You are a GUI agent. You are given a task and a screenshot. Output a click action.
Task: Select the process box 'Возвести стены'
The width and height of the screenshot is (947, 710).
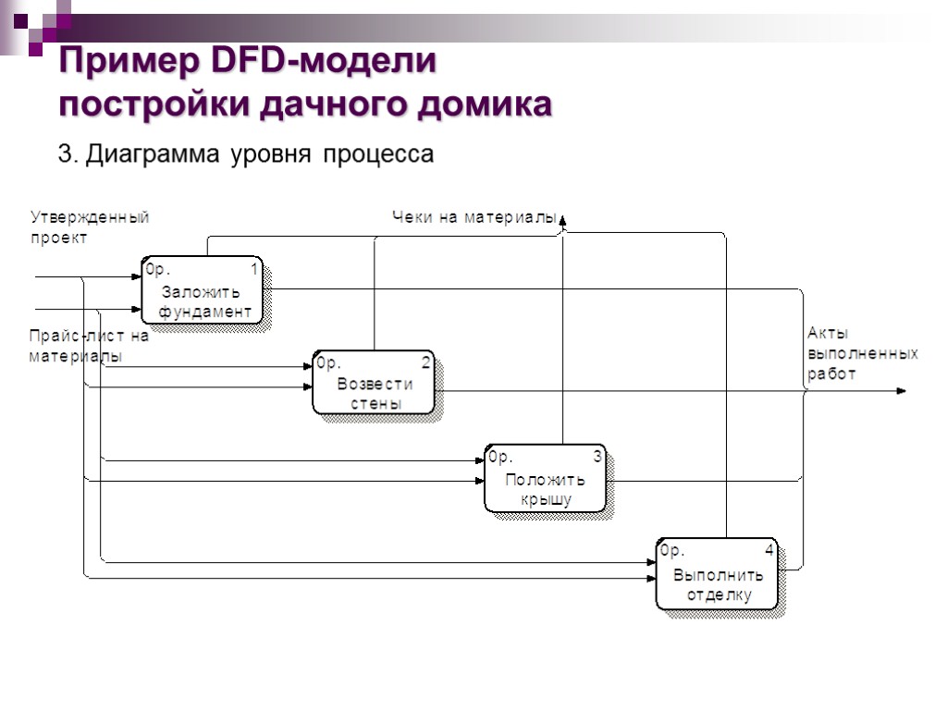(375, 383)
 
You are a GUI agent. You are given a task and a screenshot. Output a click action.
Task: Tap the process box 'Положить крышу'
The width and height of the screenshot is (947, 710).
(546, 478)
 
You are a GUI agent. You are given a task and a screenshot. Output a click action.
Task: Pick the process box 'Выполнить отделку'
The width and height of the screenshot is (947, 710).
(718, 574)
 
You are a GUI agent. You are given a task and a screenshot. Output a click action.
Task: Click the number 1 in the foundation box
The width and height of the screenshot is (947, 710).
(254, 269)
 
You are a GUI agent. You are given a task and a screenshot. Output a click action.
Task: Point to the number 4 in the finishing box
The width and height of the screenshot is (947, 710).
(769, 551)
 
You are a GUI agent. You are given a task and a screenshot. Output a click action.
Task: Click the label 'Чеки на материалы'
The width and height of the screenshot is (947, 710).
(473, 218)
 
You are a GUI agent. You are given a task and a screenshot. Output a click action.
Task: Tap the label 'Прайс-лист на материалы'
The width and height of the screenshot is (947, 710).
(88, 346)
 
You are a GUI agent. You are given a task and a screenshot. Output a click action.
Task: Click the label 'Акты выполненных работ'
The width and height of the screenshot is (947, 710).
(862, 354)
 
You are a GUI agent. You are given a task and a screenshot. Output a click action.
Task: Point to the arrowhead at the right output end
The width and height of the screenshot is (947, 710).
(902, 391)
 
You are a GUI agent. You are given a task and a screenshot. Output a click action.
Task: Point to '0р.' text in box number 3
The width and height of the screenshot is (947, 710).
(500, 457)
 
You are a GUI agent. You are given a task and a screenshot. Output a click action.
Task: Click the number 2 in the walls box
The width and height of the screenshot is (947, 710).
(425, 362)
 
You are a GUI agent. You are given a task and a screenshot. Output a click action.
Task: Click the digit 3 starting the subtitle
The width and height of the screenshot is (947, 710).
(65, 154)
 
